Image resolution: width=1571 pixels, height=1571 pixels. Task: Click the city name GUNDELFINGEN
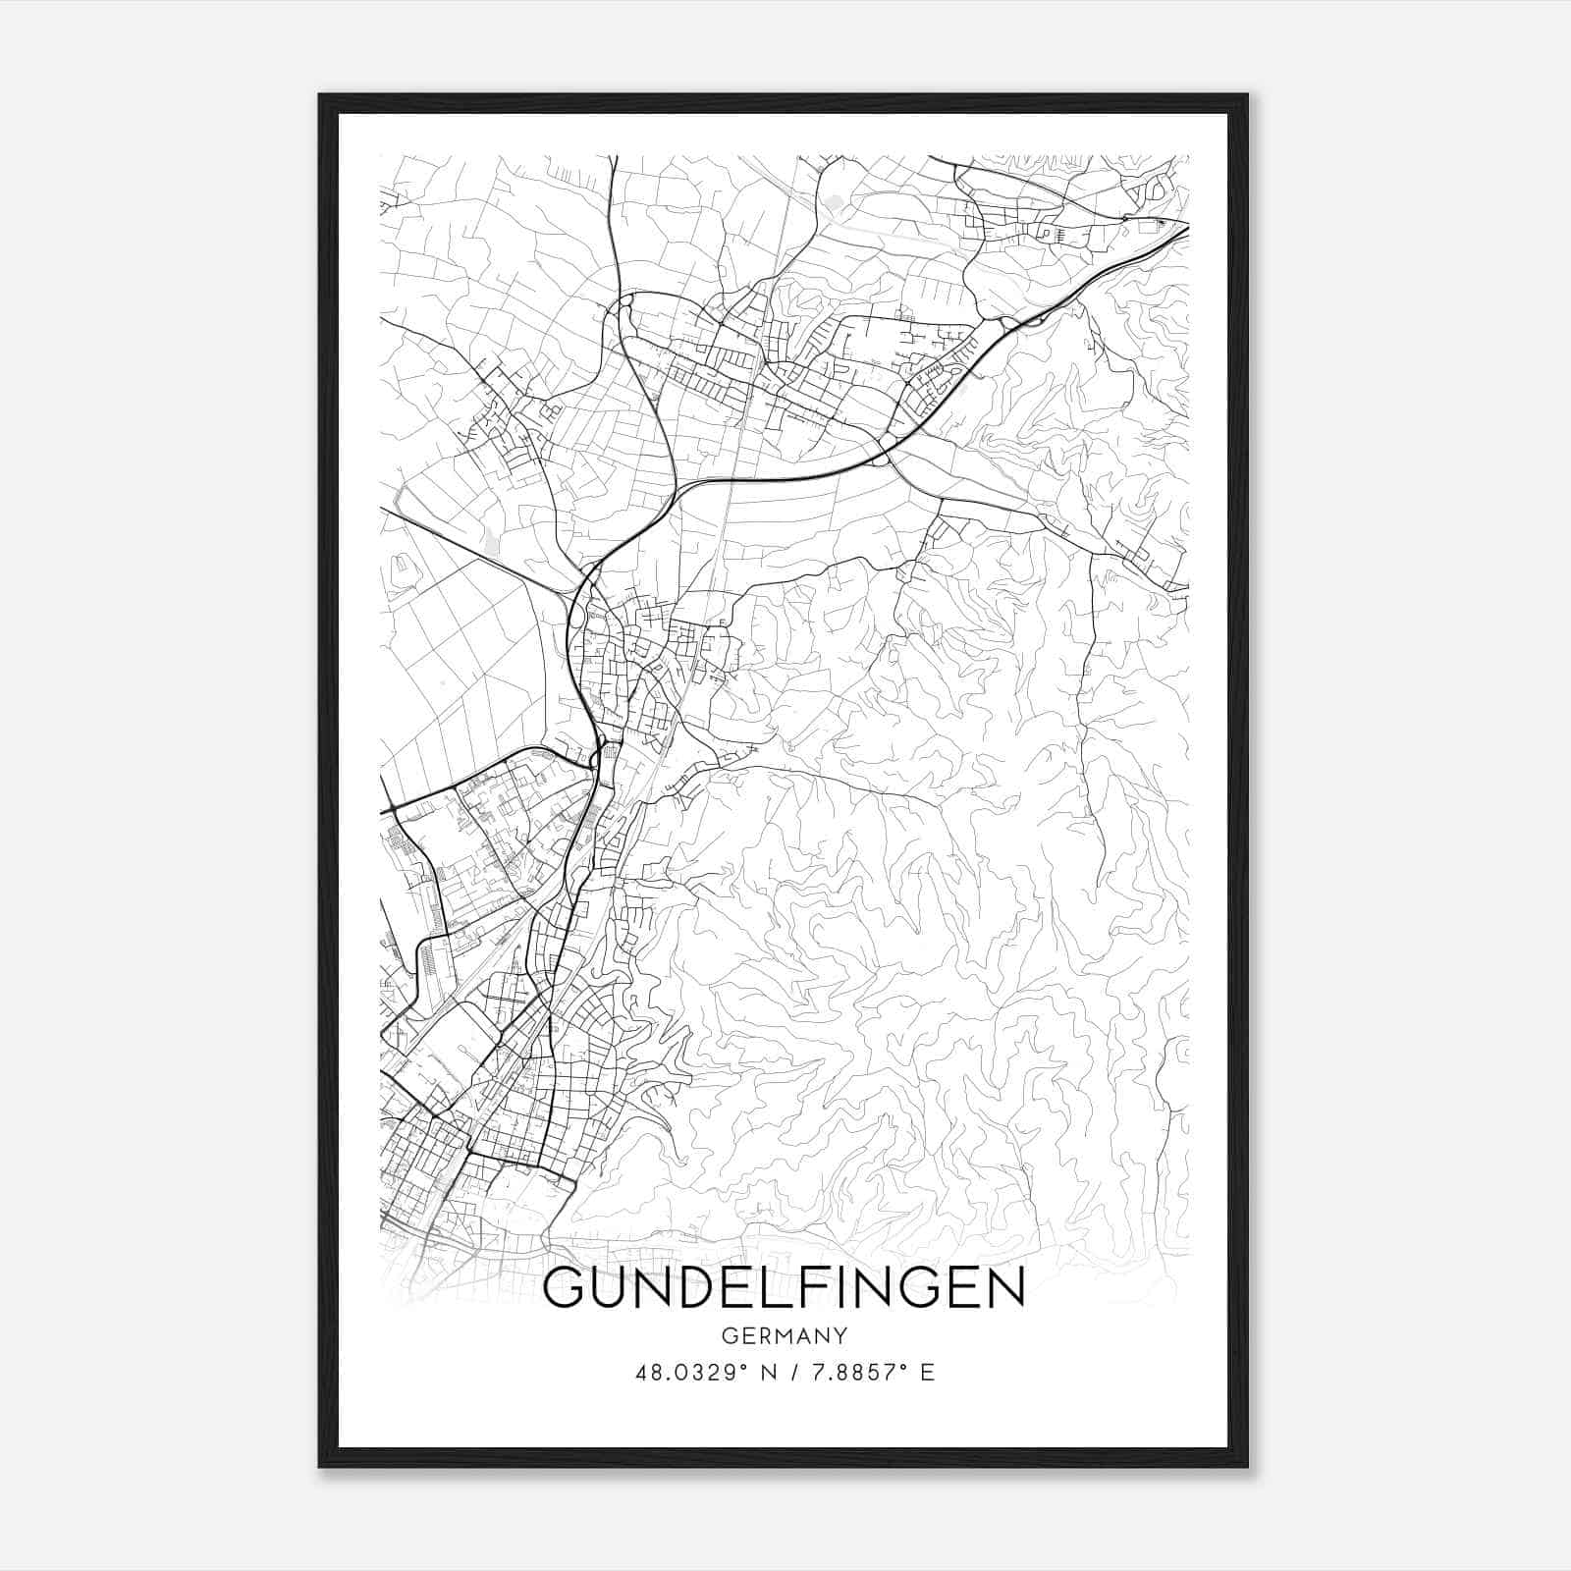[784, 1288]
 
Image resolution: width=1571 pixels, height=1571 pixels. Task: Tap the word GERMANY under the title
[784, 1336]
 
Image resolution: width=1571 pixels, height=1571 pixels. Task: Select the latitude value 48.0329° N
[698, 1373]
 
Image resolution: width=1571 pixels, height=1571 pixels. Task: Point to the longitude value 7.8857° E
[869, 1373]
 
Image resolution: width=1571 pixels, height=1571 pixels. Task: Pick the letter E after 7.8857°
[928, 1373]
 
